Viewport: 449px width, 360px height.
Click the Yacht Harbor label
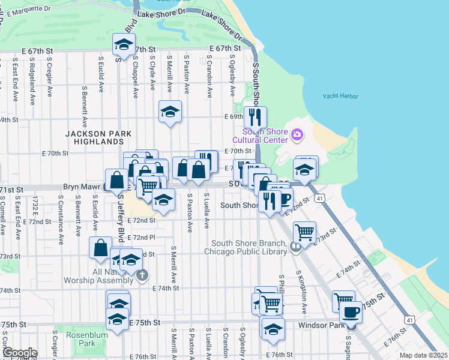point(340,96)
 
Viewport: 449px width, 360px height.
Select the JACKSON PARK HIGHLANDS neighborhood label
point(95,137)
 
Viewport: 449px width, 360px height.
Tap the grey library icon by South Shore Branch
point(295,246)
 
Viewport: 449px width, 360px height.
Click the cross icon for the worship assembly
point(142,275)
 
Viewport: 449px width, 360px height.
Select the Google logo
point(19,353)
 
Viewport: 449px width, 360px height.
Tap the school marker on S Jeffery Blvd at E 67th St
point(124,45)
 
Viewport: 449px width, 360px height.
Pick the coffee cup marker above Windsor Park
point(351,312)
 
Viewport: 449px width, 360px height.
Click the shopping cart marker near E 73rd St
point(305,232)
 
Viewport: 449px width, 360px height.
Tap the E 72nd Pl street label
point(142,238)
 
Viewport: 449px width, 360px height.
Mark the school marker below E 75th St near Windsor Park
point(273,329)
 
